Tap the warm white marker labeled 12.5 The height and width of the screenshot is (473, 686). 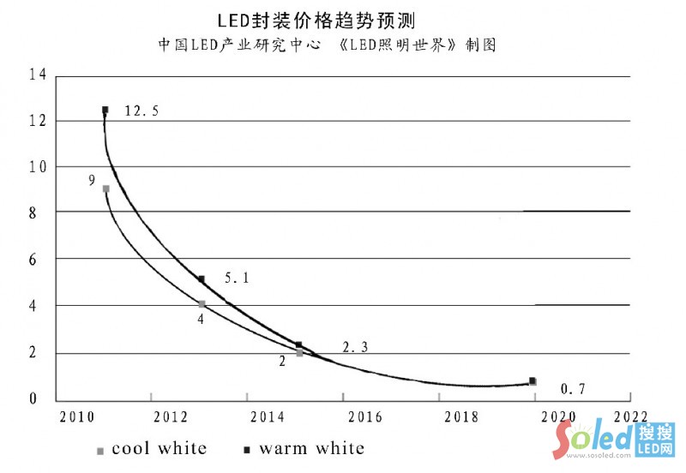[105, 110]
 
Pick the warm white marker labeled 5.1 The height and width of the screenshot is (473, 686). [202, 279]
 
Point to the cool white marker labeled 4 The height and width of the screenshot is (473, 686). [202, 303]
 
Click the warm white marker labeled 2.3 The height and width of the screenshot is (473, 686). [298, 345]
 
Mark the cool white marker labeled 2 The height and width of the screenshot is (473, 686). [299, 353]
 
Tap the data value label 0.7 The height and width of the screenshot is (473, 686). [573, 390]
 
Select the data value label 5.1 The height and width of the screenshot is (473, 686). [238, 278]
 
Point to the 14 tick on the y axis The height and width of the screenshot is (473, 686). [37, 75]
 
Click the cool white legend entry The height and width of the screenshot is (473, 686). [152, 448]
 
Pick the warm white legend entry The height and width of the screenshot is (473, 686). [304, 448]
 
